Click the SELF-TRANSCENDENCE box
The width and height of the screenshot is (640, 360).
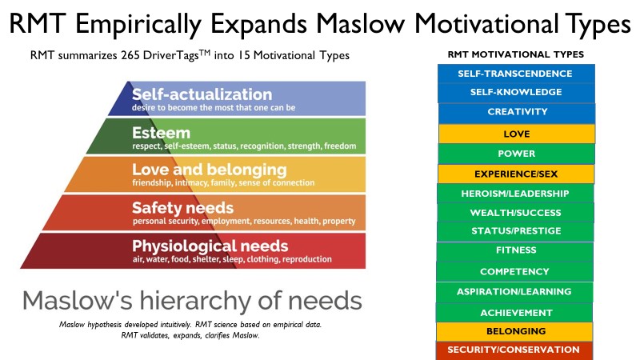point(516,74)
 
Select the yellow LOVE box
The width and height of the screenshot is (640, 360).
point(516,134)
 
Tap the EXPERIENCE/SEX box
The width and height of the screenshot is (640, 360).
point(516,174)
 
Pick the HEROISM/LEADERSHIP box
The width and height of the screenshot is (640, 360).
point(515,194)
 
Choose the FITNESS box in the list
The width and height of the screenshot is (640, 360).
point(515,250)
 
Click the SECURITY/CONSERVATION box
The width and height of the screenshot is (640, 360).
point(514,350)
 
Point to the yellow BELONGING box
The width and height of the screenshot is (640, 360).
point(514,331)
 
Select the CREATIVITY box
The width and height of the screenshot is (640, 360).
point(517,112)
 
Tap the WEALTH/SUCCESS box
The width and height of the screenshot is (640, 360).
point(515,213)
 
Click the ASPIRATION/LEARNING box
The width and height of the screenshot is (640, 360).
point(514,292)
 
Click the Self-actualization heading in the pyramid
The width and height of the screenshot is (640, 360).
point(202,94)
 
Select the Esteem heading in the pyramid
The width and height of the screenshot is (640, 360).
point(162,133)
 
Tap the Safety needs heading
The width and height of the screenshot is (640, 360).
point(183,208)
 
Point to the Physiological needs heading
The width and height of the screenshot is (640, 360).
point(210,246)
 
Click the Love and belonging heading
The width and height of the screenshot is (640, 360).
point(210,170)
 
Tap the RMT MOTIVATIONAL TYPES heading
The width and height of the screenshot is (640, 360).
point(516,54)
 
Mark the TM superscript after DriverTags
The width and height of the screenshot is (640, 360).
point(205,52)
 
